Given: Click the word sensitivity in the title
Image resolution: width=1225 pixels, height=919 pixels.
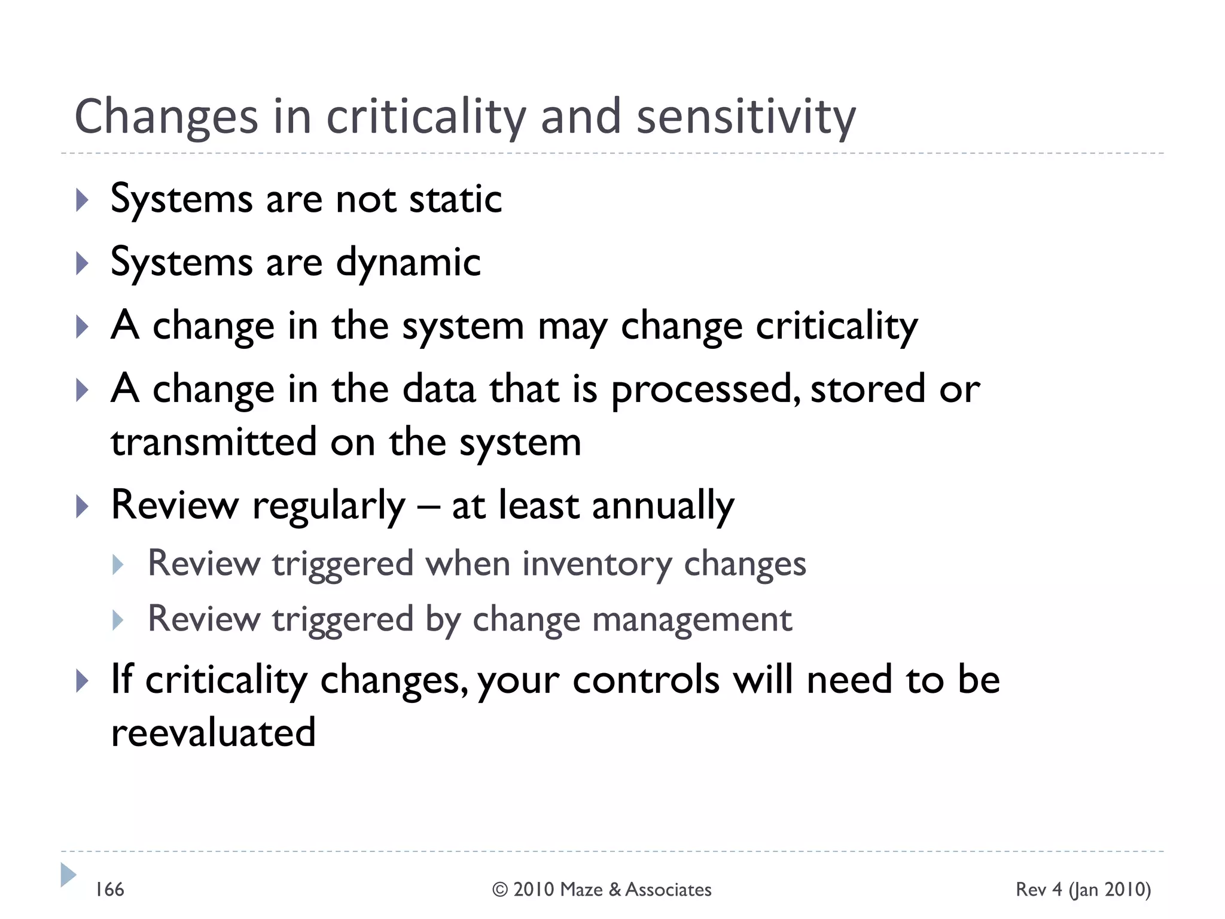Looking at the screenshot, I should click(746, 117).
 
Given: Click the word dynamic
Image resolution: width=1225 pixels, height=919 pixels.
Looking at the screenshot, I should click(408, 263).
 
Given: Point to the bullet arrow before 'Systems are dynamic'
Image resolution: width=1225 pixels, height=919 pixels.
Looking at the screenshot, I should click(83, 263).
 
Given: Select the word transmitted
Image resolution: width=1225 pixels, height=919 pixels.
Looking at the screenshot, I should click(214, 442).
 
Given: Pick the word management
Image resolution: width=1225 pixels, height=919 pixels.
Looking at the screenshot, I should click(692, 619).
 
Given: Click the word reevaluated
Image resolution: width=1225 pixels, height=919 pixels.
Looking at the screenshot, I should click(214, 732).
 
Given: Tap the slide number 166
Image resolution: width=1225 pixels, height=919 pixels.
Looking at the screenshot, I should click(110, 890).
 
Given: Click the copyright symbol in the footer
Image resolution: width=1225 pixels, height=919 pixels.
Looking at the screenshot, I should click(500, 890).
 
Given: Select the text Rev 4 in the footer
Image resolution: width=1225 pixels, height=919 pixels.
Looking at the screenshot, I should click(1039, 890).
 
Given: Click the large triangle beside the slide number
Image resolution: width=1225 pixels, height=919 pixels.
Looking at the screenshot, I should click(68, 875).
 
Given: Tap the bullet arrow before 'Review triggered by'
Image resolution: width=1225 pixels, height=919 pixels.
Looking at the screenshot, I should click(118, 620).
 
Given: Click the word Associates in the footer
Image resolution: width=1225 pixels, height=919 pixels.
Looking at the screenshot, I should click(668, 890).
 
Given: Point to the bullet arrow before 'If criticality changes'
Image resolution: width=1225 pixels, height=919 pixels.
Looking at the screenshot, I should click(83, 681).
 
